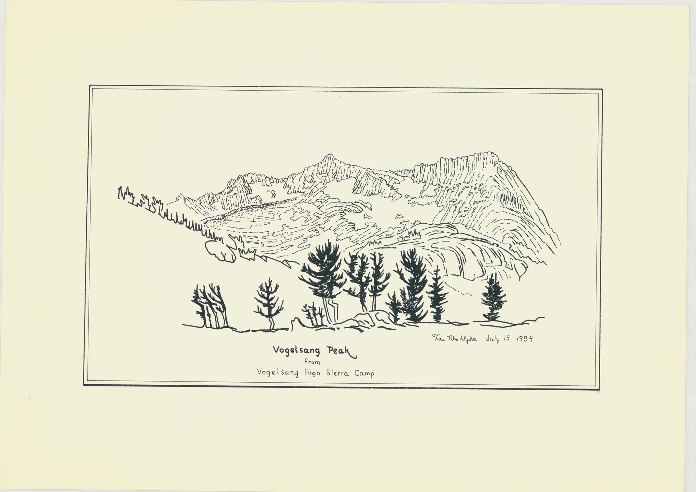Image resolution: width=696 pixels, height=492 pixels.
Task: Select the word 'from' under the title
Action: point(312,362)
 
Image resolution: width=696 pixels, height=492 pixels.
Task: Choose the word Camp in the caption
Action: point(364,374)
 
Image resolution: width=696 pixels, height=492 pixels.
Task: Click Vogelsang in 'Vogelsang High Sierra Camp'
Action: point(277,373)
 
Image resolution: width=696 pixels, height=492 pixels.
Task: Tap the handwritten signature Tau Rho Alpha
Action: point(454,338)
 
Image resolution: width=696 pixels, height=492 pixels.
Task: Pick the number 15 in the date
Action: point(507,338)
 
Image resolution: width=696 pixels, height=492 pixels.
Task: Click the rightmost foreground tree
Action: point(493,298)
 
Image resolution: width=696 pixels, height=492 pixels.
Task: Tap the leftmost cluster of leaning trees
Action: point(210,307)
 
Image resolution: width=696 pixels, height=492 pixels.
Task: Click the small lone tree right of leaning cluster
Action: point(268,303)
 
